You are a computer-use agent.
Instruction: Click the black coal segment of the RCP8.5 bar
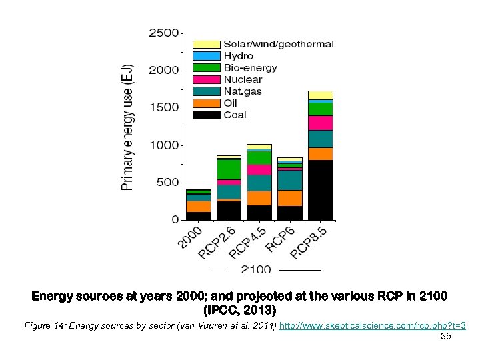320,189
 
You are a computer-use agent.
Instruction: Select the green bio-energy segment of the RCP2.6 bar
229,169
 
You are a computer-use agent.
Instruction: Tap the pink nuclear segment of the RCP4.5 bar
259,169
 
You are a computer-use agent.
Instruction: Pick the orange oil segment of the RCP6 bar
289,197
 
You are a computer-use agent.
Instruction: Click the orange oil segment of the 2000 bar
198,206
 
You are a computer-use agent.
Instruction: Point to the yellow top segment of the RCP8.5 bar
320,95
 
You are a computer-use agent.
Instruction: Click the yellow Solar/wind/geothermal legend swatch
206,44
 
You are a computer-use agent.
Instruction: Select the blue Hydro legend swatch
206,56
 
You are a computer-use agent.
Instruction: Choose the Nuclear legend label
243,79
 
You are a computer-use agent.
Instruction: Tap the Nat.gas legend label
243,91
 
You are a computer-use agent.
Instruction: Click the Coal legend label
235,115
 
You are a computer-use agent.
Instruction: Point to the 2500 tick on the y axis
163,32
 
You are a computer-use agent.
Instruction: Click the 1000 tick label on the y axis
163,145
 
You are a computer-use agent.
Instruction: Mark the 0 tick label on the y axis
175,219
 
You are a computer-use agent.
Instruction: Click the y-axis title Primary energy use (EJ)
128,127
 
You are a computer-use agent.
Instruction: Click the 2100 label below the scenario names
255,269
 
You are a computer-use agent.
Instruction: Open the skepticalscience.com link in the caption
372,325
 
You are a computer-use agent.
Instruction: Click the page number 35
446,337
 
